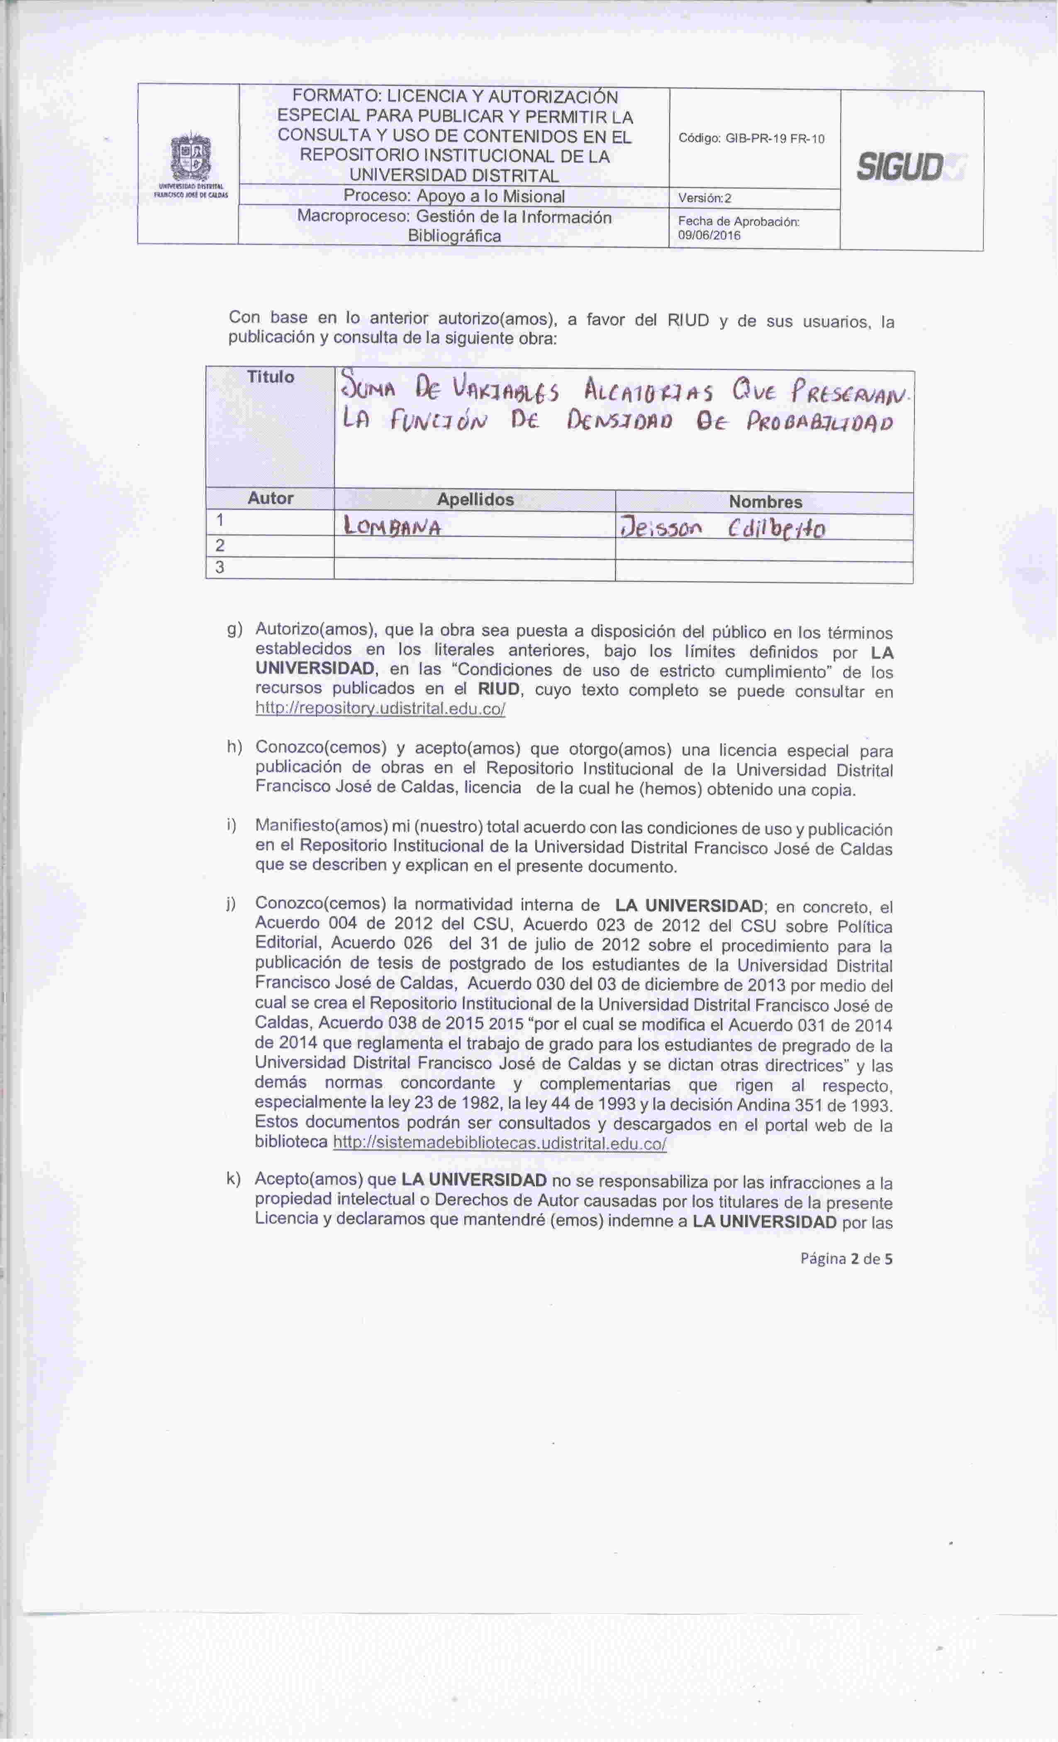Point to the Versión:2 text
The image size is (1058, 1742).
tap(705, 199)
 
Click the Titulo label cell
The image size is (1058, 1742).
tap(270, 377)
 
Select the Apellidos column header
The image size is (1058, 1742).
tap(475, 500)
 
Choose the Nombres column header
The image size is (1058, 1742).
tap(765, 502)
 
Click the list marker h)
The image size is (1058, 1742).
tap(235, 747)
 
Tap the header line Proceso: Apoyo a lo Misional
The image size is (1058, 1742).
tap(453, 197)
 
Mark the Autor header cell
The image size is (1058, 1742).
tap(270, 499)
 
